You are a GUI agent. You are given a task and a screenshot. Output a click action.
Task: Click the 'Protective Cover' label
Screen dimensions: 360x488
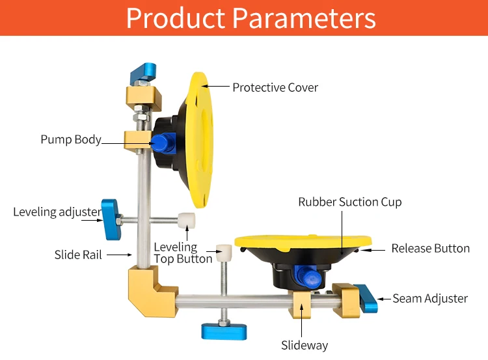coord(275,87)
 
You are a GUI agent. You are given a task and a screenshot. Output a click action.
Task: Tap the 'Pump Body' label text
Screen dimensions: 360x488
coord(71,139)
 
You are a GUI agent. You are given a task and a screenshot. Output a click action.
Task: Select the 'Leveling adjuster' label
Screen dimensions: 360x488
coord(57,212)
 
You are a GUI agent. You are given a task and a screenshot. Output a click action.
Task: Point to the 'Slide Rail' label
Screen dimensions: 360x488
coord(78,255)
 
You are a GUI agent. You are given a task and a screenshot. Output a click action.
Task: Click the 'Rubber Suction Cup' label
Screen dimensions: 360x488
coord(350,202)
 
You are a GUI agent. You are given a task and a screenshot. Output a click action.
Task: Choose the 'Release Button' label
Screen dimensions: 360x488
coord(430,248)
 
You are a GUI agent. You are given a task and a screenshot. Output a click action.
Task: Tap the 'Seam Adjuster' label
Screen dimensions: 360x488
coord(430,298)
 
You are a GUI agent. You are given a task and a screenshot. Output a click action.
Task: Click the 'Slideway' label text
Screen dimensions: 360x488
coord(305,345)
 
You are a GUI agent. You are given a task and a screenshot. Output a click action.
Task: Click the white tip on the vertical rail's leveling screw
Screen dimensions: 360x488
coord(188,219)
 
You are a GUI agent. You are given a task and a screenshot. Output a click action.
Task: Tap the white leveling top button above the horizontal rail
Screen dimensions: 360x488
coord(224,251)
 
